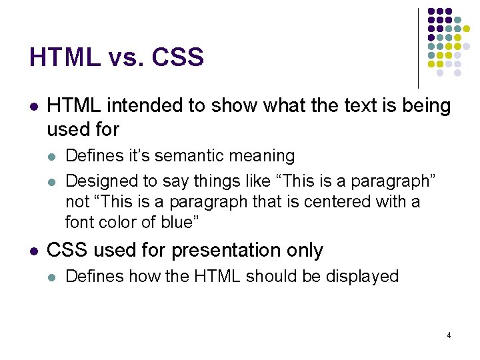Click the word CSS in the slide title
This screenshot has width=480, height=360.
pyautogui.click(x=178, y=58)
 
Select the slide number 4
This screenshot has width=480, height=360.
pyautogui.click(x=449, y=335)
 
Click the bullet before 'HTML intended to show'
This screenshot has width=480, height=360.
pyautogui.click(x=34, y=106)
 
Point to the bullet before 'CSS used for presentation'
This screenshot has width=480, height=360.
pyautogui.click(x=34, y=251)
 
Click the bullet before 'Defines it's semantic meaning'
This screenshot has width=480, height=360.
pyautogui.click(x=53, y=157)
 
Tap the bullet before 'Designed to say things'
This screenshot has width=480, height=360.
pyautogui.click(x=53, y=181)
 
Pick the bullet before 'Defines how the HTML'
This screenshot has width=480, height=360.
pyautogui.click(x=53, y=277)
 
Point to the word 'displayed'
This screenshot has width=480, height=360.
pyautogui.click(x=362, y=277)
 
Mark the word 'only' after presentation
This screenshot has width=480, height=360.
pyautogui.click(x=305, y=251)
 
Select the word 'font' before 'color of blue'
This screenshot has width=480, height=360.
pyautogui.click(x=79, y=221)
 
